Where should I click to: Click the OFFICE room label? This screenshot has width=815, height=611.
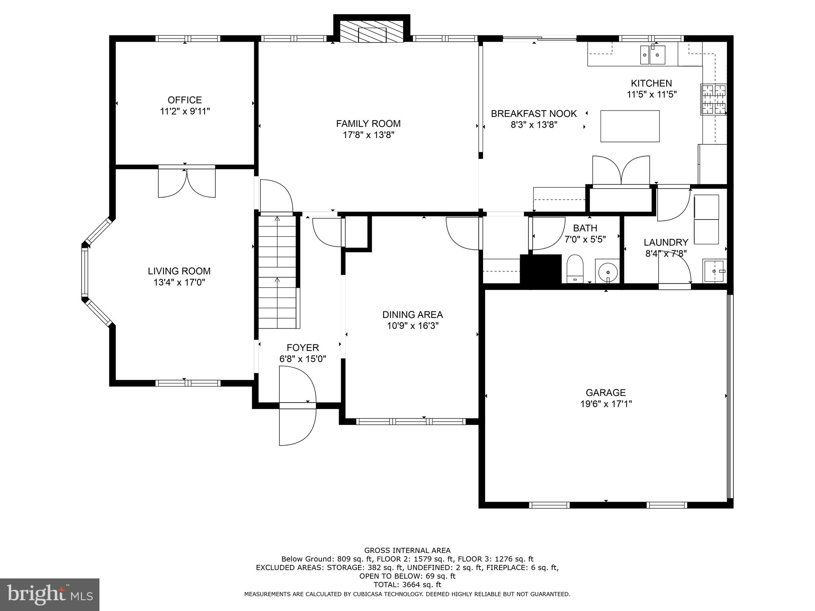[x=184, y=100]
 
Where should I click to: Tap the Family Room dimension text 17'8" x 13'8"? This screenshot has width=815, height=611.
[x=368, y=135]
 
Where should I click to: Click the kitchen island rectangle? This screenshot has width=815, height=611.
[x=630, y=126]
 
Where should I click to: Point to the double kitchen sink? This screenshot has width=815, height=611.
[x=652, y=55]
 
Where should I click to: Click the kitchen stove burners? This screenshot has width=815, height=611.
[x=714, y=99]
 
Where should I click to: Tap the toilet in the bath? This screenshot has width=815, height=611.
[x=574, y=269]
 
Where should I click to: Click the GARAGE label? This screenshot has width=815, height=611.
[x=606, y=393]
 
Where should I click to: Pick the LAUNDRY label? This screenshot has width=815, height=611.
[x=666, y=242]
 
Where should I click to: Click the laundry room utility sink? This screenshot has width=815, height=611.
[x=715, y=270]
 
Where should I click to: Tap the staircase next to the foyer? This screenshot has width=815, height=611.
[x=277, y=272]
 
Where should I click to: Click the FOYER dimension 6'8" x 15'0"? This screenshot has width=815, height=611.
[x=302, y=359]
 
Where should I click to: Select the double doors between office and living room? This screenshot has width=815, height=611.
[x=187, y=182]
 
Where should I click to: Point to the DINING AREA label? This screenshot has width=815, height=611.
[x=412, y=315]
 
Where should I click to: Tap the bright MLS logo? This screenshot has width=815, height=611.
[x=49, y=595]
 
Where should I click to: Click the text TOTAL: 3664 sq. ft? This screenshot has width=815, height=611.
[x=407, y=585]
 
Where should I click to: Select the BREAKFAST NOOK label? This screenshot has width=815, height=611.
[x=533, y=114]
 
